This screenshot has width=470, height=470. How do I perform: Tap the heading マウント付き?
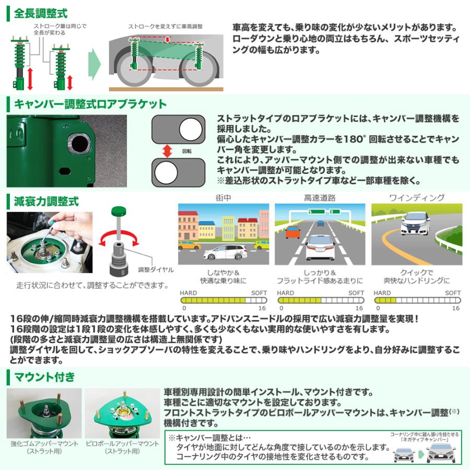44,376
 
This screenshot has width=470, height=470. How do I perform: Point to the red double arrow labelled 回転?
167,151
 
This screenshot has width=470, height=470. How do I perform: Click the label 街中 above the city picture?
224,198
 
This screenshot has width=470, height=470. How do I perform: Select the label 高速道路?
320,198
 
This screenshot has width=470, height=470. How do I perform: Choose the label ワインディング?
416,198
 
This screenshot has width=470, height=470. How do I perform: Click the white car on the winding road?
416,224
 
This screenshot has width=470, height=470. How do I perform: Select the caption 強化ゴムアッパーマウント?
44,443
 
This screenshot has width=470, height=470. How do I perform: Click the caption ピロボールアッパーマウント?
122,443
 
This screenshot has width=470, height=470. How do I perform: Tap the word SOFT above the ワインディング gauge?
453,293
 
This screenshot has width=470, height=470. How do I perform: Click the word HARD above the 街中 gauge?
189,293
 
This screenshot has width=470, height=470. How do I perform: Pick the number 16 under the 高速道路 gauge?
360,309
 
